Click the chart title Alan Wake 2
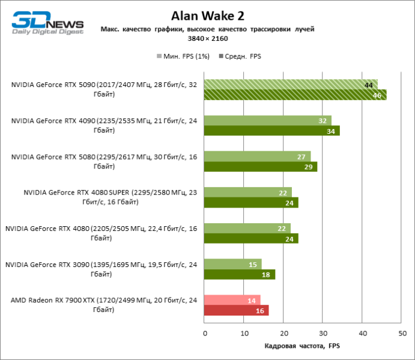pos(207,14)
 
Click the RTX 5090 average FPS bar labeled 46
pos(295,95)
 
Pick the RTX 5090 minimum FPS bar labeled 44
pos(291,84)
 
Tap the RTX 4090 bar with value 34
pos(271,131)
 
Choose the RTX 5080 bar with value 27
pos(257,156)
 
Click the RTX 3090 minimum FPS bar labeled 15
pos(233,264)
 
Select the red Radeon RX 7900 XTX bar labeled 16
pos(236,311)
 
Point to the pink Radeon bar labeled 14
pos(232,300)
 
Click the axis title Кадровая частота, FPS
pos(302,346)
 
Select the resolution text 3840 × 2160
pos(207,38)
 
